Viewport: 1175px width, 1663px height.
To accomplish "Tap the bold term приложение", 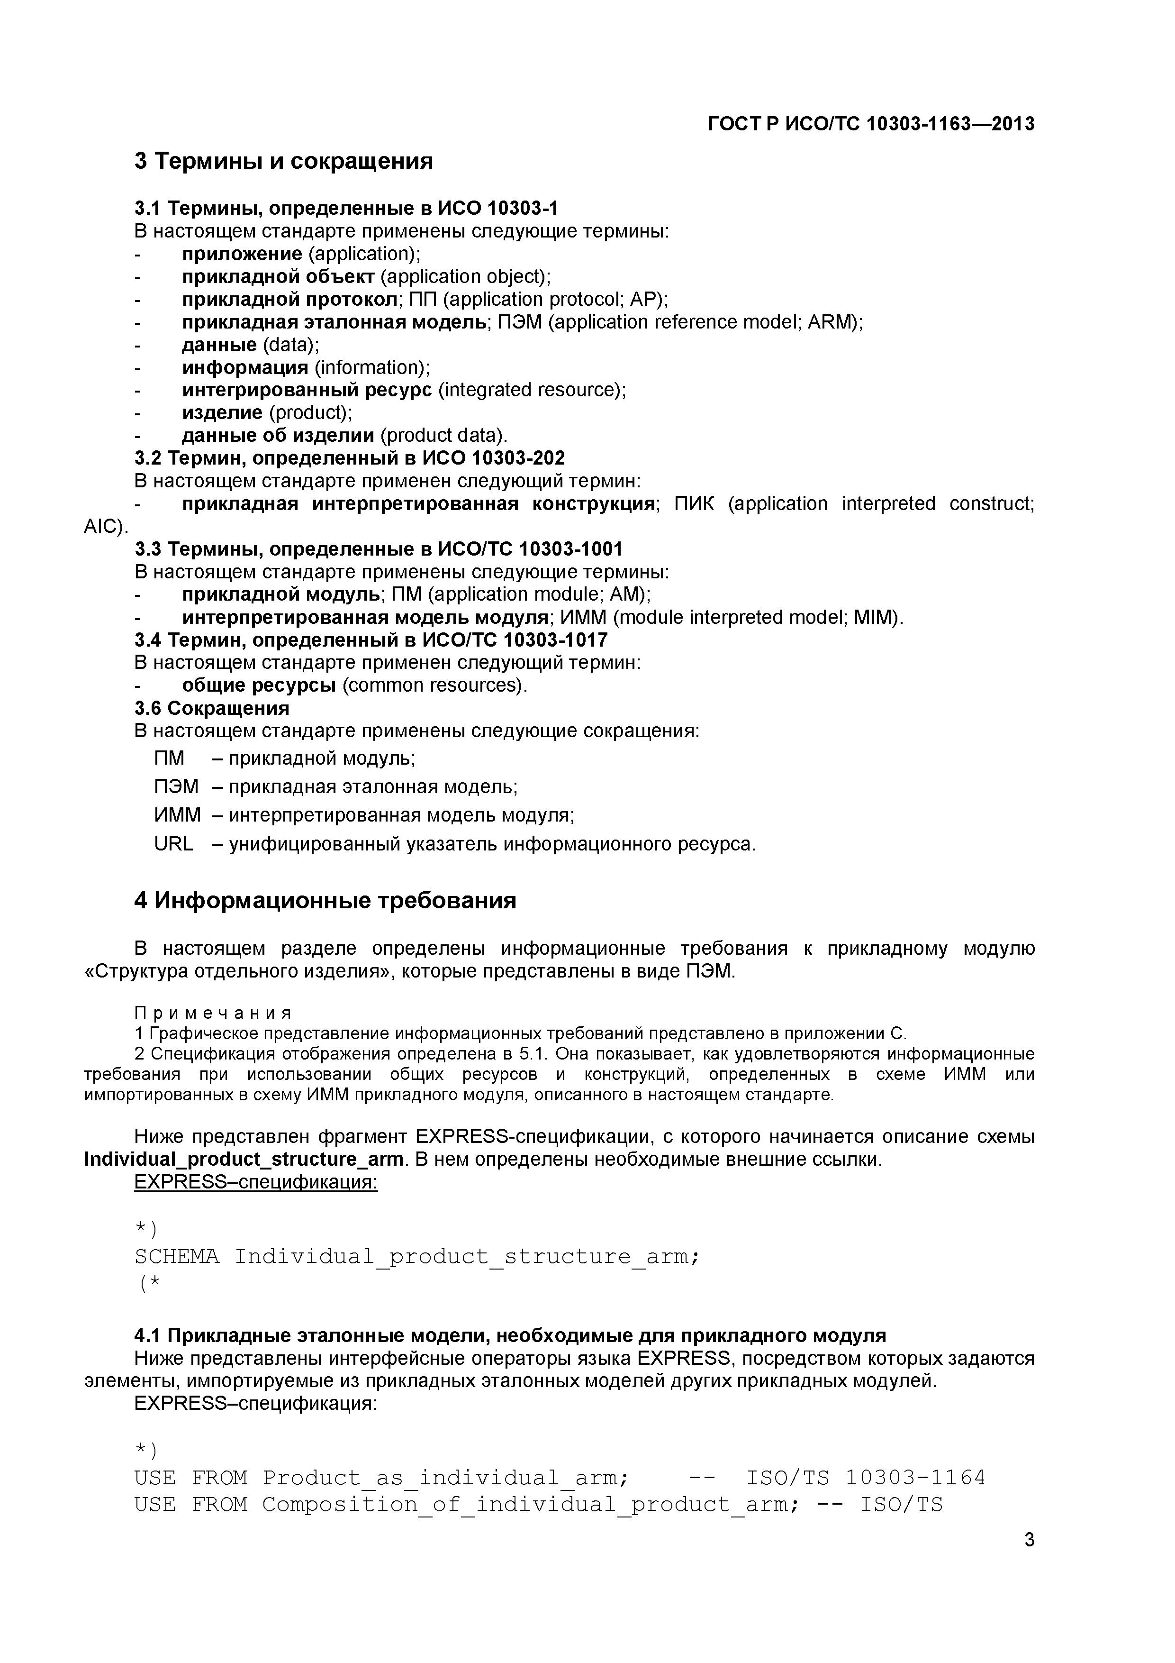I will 242,254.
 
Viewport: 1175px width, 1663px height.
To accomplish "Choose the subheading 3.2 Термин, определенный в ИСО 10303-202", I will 350,458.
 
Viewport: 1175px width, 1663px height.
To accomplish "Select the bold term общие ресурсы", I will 259,685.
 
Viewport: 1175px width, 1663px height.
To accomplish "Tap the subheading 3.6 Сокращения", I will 211,708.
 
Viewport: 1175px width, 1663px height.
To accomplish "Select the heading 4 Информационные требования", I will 325,901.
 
